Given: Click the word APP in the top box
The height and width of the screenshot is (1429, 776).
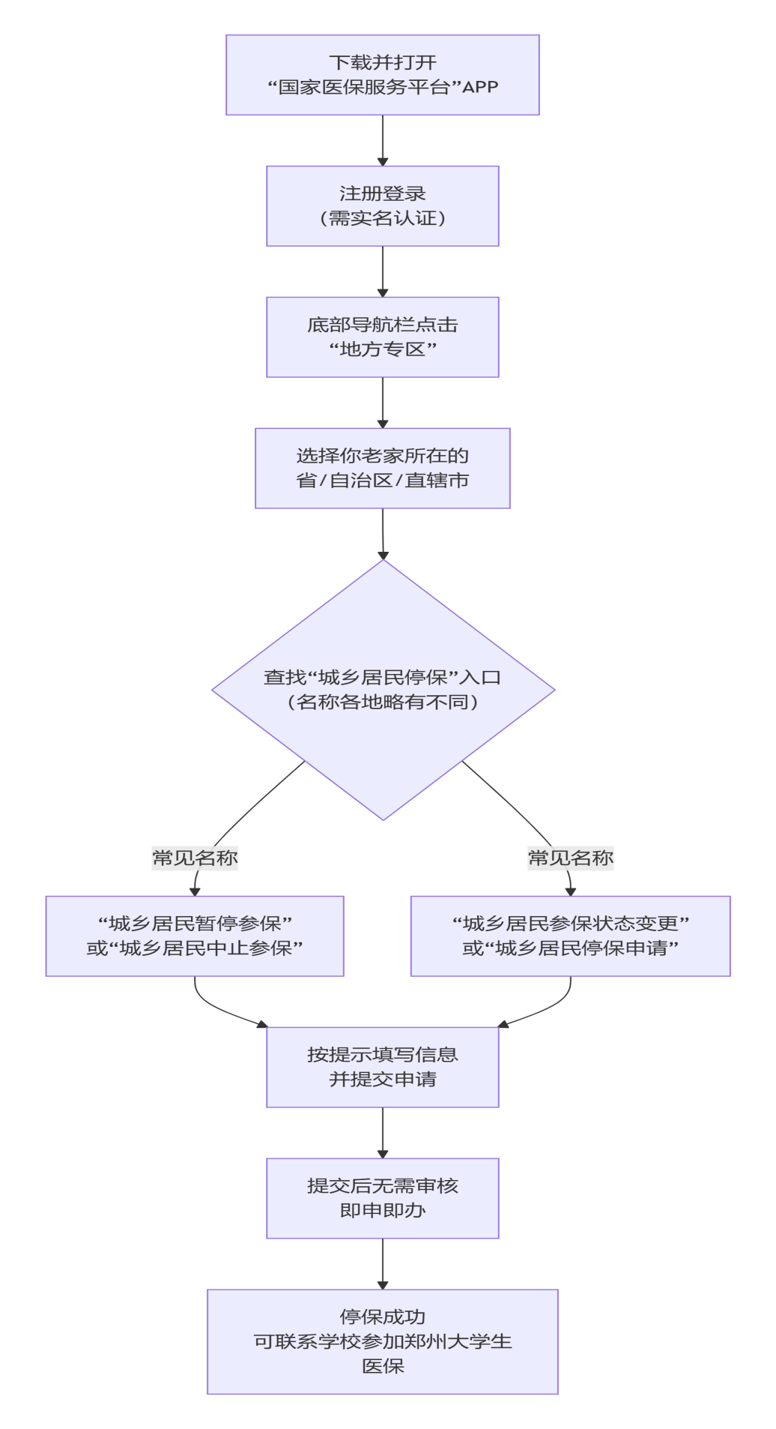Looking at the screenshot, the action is pyautogui.click(x=480, y=87).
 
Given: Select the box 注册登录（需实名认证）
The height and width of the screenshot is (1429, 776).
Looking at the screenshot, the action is pyautogui.click(x=383, y=206).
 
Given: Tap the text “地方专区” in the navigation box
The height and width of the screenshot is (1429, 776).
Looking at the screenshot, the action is pyautogui.click(x=383, y=349).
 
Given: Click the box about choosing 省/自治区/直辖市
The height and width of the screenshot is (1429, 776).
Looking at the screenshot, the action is pyautogui.click(x=383, y=469).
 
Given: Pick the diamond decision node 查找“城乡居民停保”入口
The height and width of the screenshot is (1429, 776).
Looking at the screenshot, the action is pyautogui.click(x=384, y=690).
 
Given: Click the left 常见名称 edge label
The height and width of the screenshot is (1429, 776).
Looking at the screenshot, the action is pyautogui.click(x=195, y=858).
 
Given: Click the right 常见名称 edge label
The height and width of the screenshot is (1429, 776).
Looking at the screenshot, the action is pyautogui.click(x=571, y=858).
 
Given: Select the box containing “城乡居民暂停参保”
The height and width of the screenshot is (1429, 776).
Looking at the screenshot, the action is pyautogui.click(x=195, y=936).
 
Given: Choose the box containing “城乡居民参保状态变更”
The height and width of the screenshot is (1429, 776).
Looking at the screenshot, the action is pyautogui.click(x=571, y=936).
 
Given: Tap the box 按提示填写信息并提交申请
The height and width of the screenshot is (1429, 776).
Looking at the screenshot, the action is pyautogui.click(x=383, y=1068).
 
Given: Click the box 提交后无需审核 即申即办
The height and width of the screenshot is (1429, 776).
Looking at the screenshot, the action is pyautogui.click(x=383, y=1199).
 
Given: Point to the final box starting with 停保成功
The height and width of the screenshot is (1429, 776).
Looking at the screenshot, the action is pyautogui.click(x=383, y=1342).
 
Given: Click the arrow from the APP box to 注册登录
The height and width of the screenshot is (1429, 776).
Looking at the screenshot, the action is pyautogui.click(x=383, y=140).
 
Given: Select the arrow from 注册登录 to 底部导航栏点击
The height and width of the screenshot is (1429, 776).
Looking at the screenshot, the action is pyautogui.click(x=383, y=271).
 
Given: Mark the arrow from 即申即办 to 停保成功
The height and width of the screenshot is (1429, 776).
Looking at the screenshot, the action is pyautogui.click(x=383, y=1264).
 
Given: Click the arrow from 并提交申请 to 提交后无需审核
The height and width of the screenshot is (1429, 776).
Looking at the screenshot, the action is pyautogui.click(x=383, y=1133).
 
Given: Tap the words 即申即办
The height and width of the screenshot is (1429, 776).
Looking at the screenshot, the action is pyautogui.click(x=383, y=1211).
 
